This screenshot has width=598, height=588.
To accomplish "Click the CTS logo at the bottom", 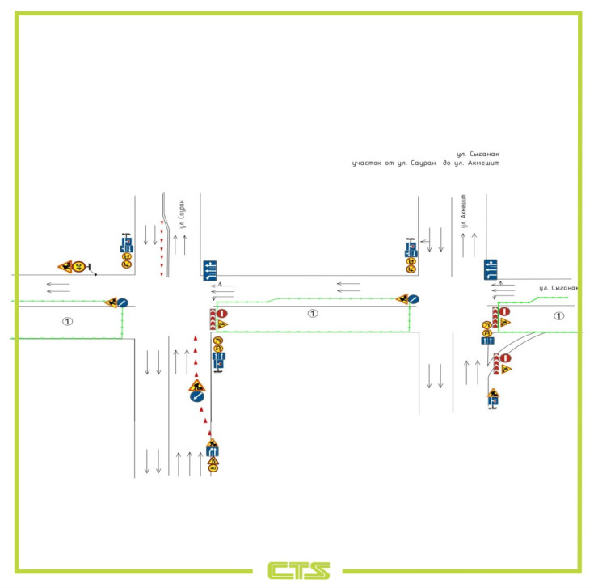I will (x=299, y=570).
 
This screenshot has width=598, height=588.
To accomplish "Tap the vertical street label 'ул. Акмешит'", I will (x=465, y=210).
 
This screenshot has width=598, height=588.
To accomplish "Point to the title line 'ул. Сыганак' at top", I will (x=478, y=154).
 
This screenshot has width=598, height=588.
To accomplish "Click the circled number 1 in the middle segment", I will (x=313, y=313).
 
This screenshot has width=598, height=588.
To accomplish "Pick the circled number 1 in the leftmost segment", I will (x=68, y=321).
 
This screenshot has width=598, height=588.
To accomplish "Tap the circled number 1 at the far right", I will (x=558, y=315).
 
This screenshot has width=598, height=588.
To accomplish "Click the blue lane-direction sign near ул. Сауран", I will (x=210, y=269).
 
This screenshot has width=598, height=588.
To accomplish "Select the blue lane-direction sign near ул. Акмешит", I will (x=490, y=269).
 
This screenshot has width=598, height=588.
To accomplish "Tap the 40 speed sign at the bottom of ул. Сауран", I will (x=213, y=467).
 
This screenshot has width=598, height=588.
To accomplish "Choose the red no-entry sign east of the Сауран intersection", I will (x=223, y=312).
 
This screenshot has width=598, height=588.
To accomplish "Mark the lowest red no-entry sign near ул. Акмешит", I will (x=505, y=357).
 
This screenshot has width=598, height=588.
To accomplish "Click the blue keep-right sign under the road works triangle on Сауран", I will (x=196, y=397).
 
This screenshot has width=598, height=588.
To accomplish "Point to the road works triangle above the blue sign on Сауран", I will (x=196, y=386).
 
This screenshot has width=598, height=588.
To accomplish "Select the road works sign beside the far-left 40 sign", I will (x=65, y=265).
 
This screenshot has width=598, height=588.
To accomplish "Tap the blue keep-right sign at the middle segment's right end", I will (x=413, y=299).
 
